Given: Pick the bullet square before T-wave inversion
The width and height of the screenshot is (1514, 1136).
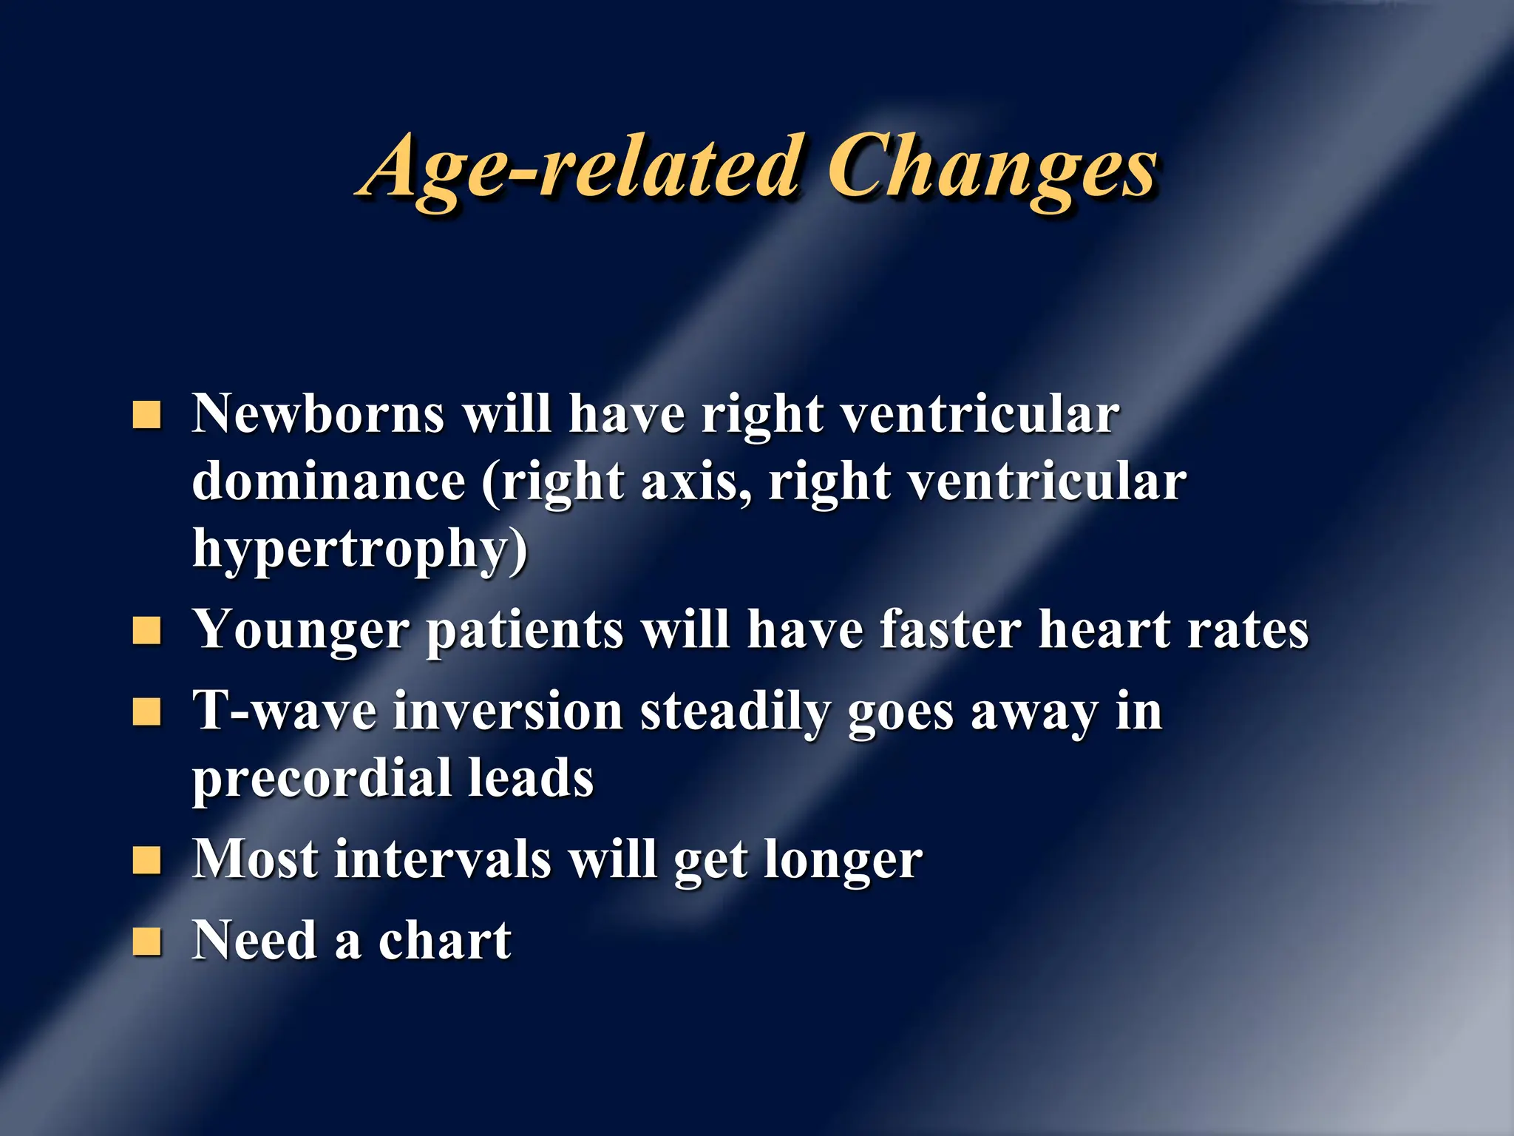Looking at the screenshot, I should click(146, 712).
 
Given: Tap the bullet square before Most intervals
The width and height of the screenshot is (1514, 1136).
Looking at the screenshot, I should click(146, 860).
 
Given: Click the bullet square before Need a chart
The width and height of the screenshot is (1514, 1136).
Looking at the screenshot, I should click(146, 941).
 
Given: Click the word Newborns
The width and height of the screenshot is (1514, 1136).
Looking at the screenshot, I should click(318, 413).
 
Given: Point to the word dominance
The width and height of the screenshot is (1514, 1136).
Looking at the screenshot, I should click(328, 481).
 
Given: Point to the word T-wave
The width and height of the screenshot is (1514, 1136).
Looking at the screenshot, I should click(285, 711).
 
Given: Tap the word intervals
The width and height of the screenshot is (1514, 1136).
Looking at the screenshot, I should click(442, 859).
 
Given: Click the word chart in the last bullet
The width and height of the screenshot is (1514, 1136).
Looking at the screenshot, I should click(444, 941).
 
